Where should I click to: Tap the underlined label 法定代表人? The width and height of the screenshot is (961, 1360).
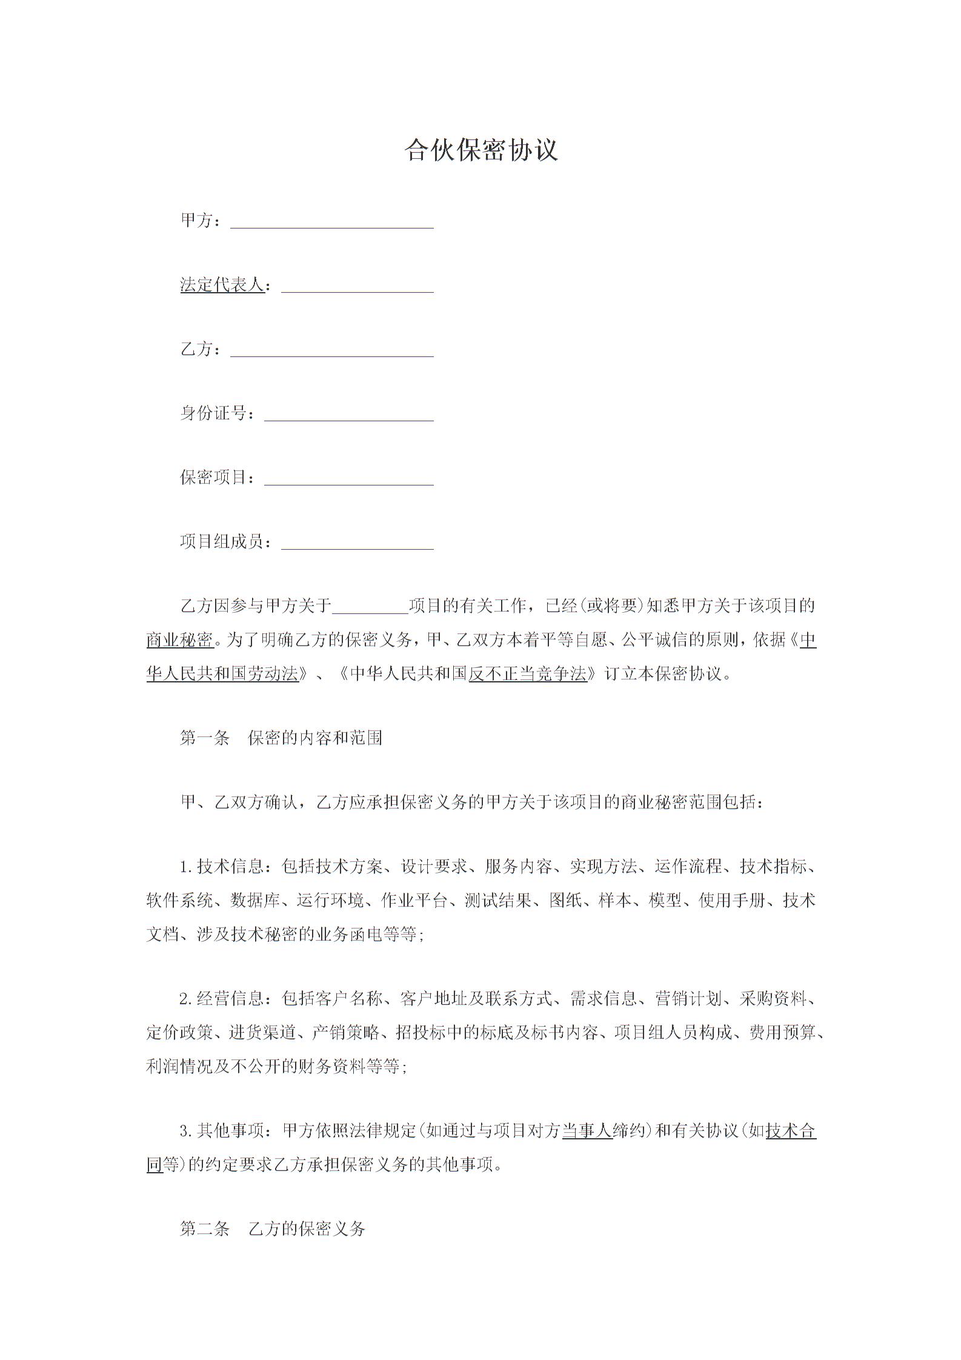tap(222, 284)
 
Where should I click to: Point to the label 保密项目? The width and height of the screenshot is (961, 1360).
tap(214, 478)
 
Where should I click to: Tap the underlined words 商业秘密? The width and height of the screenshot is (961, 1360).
tap(180, 640)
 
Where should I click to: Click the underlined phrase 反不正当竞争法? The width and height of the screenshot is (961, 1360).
tap(528, 673)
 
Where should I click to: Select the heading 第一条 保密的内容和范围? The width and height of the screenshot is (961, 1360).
tap(281, 738)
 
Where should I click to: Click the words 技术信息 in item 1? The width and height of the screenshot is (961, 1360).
tap(231, 867)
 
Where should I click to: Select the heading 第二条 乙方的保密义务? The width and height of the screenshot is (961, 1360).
tap(273, 1228)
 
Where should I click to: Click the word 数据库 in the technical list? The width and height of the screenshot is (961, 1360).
tap(255, 901)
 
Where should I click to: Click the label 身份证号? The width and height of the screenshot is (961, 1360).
tap(214, 413)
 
